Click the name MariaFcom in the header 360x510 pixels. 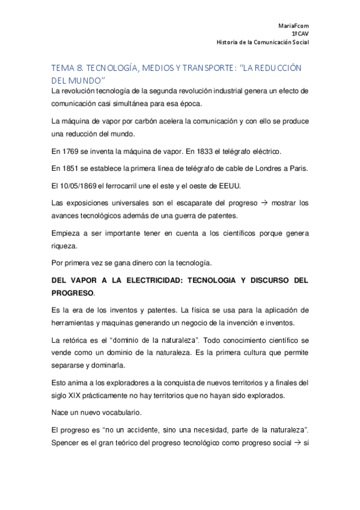293,26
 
